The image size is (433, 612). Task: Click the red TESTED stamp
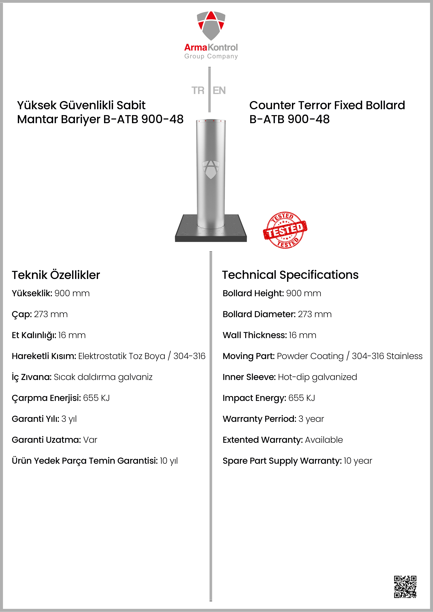(285, 230)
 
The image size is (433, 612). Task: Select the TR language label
(198, 91)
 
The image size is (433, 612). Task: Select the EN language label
(219, 91)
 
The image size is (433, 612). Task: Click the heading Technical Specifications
(290, 275)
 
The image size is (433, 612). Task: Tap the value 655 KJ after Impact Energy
(302, 398)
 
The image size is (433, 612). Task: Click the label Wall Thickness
(255, 335)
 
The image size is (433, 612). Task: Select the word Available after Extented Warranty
(324, 440)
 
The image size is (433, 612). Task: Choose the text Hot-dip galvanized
(317, 377)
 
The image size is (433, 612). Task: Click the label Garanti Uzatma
(46, 440)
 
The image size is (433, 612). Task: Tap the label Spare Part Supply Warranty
(282, 461)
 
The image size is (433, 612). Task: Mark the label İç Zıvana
(31, 377)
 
